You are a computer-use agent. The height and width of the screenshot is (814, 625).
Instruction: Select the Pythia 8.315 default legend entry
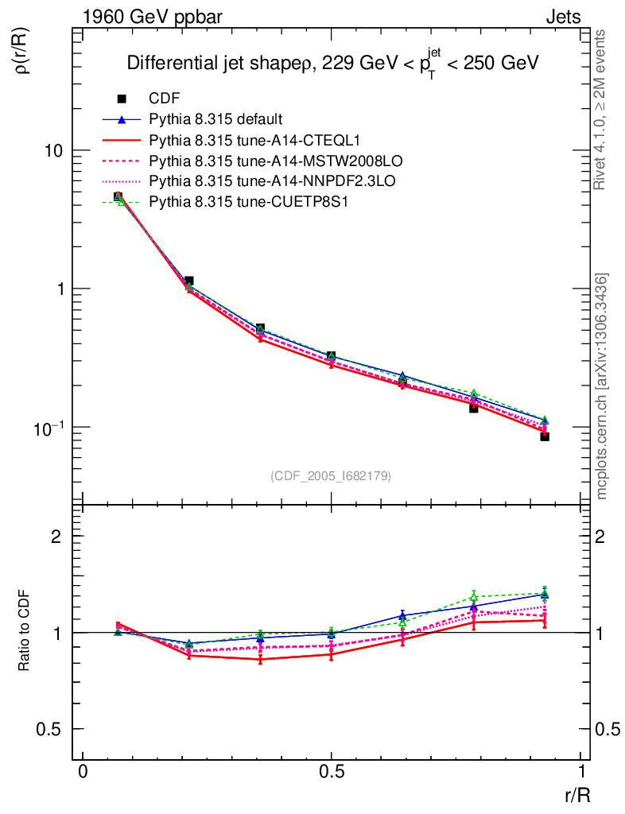215,119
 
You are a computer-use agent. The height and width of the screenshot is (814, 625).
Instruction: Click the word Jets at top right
562,17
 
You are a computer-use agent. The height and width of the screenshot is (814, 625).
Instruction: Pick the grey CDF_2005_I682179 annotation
331,475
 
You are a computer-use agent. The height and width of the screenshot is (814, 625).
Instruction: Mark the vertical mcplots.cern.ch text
603,386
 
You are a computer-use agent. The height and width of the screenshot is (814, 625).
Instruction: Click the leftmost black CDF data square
118,196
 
